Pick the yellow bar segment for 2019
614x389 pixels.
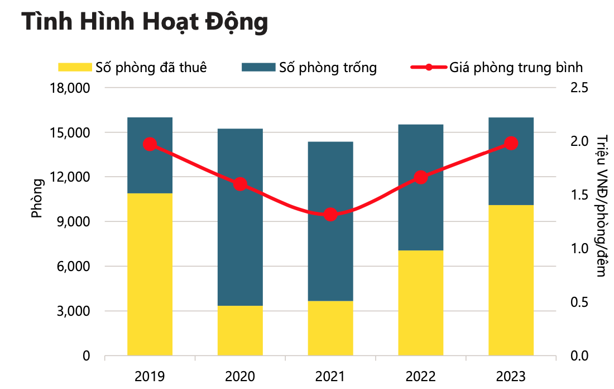point(150,274)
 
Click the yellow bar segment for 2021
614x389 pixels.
point(330,328)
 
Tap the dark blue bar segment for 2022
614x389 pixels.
point(421,187)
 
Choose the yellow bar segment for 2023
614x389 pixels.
point(511,280)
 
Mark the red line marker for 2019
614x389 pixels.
point(150,144)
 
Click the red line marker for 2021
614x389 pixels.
point(330,215)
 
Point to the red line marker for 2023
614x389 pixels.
point(511,144)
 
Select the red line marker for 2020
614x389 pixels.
point(240,184)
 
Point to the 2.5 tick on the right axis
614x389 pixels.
point(580,88)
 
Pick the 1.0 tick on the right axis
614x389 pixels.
point(580,249)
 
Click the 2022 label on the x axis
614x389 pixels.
point(421,376)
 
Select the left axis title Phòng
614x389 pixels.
point(37,198)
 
